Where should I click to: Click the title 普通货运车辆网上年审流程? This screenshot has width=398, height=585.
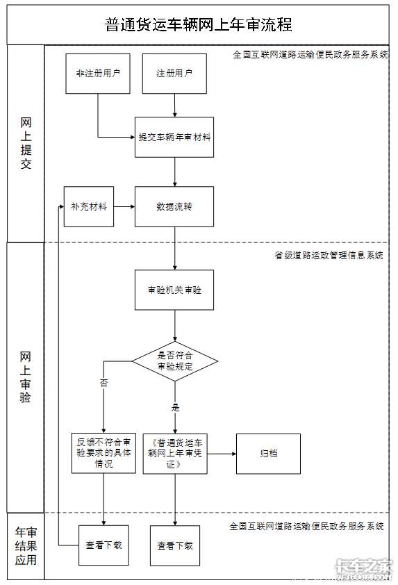coord(198,24)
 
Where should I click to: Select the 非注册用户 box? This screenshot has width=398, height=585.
coord(98,74)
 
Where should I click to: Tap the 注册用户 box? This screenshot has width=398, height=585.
coord(174,74)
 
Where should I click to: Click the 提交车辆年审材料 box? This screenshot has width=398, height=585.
coord(174,137)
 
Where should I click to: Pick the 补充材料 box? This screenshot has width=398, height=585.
coord(89,206)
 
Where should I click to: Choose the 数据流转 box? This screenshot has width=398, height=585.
coord(174,206)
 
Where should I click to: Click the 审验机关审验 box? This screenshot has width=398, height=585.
coord(174,290)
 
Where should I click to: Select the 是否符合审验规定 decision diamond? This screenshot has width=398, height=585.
coord(174,361)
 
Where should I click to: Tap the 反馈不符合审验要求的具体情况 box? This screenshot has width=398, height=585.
coord(103,453)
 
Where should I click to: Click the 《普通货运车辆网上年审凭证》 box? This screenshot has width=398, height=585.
coord(175,454)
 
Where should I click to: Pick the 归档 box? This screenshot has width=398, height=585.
coord(268,454)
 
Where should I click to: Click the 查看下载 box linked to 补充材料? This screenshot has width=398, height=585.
coord(103,545)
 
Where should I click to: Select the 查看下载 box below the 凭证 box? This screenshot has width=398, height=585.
coord(175,546)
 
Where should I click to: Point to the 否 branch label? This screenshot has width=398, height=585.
coord(103,383)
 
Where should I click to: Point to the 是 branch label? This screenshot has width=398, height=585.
coord(175,407)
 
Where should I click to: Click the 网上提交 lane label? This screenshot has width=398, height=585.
coord(26,143)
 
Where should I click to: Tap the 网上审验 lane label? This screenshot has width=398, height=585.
coord(25,377)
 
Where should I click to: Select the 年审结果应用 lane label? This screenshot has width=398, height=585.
coord(26,546)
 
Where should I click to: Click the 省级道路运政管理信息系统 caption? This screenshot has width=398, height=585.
coord(329,255)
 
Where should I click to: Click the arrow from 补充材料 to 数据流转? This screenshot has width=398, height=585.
coord(124,206)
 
